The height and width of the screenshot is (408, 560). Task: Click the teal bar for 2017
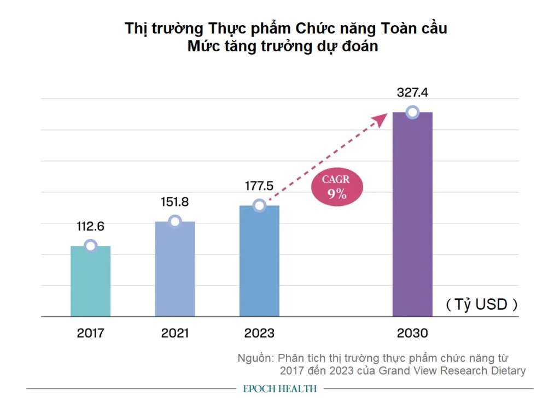[91, 281]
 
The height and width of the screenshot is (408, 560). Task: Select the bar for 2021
[175, 269]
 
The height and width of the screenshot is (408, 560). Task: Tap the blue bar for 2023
[259, 261]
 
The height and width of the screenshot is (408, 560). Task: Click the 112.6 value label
[91, 226]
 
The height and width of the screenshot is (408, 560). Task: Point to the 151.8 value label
[175, 202]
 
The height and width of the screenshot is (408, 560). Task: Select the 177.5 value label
[259, 186]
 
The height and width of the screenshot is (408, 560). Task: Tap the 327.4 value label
[412, 93]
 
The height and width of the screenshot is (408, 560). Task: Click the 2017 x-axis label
[91, 333]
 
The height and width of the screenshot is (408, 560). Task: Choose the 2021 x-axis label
[175, 333]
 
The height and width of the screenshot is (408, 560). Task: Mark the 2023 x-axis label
[259, 333]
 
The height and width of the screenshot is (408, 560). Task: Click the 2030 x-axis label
[412, 333]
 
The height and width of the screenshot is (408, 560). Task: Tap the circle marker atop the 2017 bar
[91, 246]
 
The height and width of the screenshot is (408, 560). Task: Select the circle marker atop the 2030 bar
[413, 112]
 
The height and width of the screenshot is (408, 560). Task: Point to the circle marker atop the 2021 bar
[175, 221]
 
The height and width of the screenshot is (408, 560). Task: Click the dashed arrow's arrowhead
[381, 119]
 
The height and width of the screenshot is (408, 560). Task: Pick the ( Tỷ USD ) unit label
[481, 304]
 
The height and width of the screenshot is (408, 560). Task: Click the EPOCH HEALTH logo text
[280, 389]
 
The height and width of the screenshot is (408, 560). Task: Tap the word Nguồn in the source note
[255, 358]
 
